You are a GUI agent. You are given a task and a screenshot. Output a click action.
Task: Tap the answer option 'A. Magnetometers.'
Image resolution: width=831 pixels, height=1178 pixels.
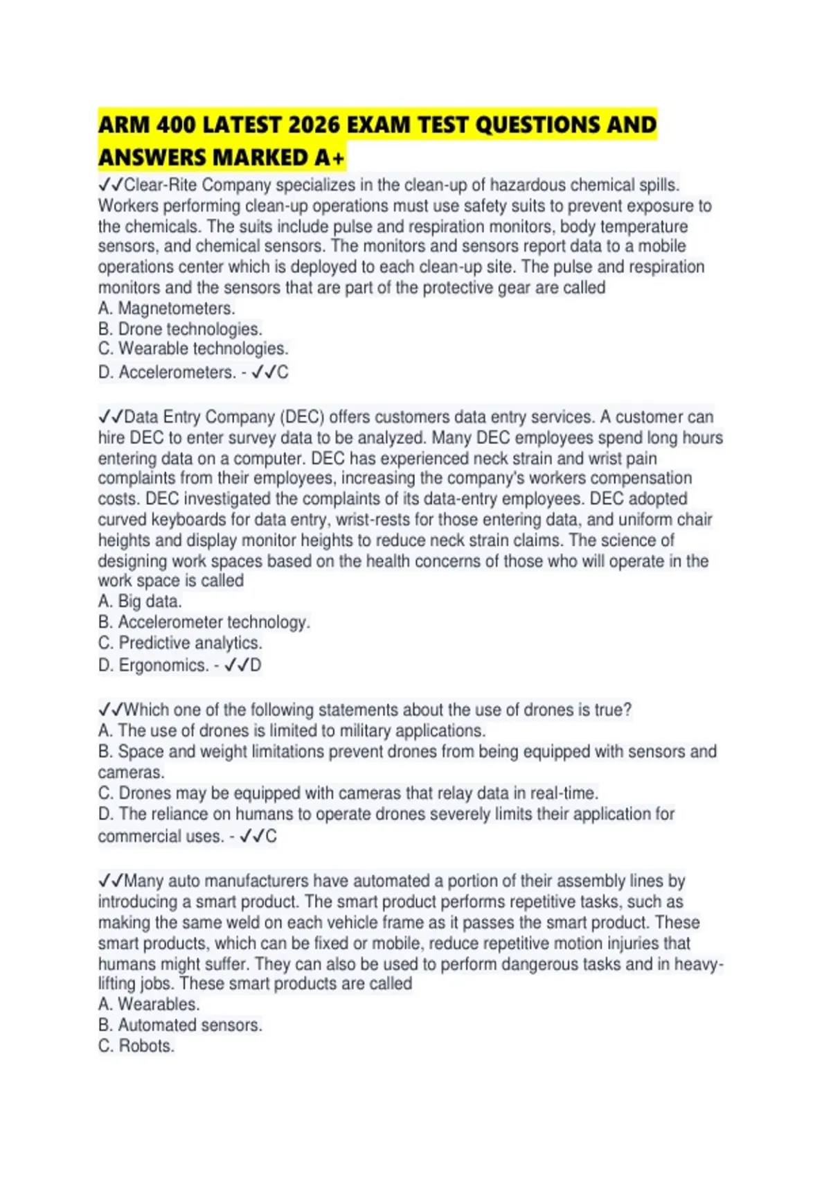tap(166, 308)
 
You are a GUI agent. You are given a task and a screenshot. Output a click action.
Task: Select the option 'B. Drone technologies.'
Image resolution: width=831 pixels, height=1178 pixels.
tap(180, 329)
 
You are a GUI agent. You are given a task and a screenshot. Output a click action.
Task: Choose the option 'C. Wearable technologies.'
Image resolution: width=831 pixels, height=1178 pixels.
tap(193, 349)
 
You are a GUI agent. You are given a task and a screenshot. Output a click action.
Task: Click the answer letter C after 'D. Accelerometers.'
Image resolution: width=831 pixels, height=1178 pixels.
tap(283, 373)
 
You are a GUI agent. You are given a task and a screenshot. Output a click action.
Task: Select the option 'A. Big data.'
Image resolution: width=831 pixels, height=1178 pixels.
tap(140, 601)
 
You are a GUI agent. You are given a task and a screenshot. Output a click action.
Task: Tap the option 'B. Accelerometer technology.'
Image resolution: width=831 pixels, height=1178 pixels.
tap(204, 622)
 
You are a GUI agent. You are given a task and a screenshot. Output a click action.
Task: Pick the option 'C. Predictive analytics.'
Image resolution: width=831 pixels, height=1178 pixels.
tap(180, 643)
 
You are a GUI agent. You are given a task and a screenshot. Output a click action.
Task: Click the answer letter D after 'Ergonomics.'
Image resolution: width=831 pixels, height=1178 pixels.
tap(256, 666)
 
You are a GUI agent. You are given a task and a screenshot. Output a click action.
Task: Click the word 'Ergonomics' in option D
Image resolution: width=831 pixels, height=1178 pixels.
tap(163, 666)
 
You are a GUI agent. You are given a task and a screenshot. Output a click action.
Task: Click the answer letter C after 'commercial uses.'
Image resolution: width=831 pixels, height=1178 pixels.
tap(271, 837)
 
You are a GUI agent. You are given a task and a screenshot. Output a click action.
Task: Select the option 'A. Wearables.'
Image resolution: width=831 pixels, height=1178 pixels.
tap(149, 1005)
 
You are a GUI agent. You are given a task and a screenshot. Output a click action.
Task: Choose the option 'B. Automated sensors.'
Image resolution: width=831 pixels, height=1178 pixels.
tap(180, 1026)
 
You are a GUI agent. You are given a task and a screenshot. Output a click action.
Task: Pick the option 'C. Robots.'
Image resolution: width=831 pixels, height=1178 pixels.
tap(136, 1046)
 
